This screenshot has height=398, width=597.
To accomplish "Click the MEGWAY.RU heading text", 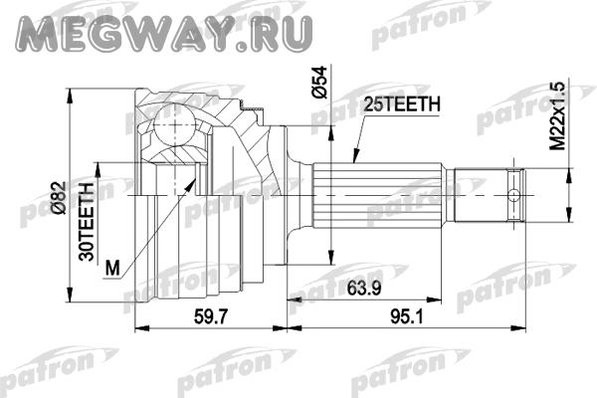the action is coord(164,33).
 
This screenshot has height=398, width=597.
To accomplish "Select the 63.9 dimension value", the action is coord(363,289).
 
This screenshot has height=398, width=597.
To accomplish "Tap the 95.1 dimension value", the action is coord(407,316).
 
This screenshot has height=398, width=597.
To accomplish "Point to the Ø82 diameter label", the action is coord(60,197).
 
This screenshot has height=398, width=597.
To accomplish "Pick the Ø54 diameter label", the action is coord(319,83).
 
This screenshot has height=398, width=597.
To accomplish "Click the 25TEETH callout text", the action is coord(402,104).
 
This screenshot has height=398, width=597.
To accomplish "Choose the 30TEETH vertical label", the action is coord(87,222).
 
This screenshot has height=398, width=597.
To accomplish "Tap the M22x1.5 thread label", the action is coord(557,116).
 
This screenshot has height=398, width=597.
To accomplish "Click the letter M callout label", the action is coord(112,268).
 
